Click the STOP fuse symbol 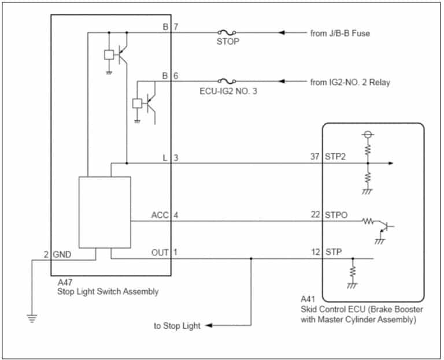coord(226,33)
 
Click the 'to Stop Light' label coord(177,326)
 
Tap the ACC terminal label coord(160,215)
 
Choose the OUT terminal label coord(160,253)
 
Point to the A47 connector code coord(65,283)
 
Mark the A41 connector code coord(308,299)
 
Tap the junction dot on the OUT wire coord(250,259)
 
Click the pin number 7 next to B coord(176,27)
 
